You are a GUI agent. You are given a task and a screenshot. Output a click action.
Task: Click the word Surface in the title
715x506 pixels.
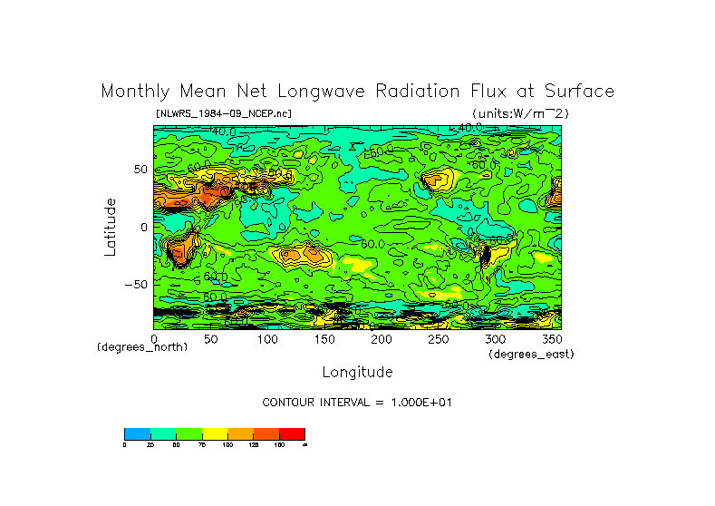(x=581, y=92)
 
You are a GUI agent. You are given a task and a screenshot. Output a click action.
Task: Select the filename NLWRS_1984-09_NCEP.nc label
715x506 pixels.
(x=224, y=113)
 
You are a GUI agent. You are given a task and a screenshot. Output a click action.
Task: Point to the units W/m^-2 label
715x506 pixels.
(x=519, y=113)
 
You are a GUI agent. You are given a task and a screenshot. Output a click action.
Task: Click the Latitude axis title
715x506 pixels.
(x=111, y=227)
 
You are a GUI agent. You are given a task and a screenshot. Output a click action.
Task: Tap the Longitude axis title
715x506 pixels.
(x=357, y=372)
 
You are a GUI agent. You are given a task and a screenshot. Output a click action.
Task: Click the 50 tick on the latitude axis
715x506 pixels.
(x=140, y=170)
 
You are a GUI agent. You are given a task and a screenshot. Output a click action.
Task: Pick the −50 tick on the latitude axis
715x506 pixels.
(x=136, y=284)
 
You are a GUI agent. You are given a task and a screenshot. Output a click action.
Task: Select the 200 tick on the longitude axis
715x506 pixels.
(x=381, y=339)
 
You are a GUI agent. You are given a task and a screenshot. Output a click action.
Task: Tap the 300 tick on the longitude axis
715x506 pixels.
(x=495, y=339)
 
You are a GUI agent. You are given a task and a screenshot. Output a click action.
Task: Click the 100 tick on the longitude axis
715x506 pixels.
(x=267, y=339)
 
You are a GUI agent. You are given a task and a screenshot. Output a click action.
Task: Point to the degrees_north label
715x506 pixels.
(x=142, y=347)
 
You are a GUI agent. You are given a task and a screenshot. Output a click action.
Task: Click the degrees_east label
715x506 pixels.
(x=531, y=354)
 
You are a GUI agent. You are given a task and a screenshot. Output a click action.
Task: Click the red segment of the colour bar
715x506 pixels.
(x=292, y=433)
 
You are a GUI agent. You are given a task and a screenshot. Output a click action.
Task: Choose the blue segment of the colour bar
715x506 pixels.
(x=137, y=433)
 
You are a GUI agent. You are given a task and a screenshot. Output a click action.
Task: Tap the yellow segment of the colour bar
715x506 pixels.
(x=215, y=433)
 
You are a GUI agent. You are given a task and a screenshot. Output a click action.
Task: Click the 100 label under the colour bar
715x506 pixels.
(x=227, y=445)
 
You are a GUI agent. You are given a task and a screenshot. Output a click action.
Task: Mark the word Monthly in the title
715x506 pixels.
(x=135, y=92)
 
